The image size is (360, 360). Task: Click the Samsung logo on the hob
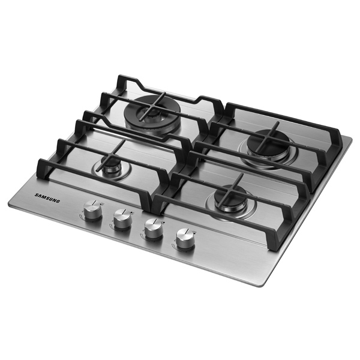pyautogui.click(x=47, y=198)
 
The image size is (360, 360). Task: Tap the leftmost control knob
pyautogui.click(x=92, y=210)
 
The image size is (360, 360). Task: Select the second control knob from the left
pyautogui.click(x=122, y=219)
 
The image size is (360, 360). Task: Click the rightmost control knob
pyautogui.click(x=185, y=238)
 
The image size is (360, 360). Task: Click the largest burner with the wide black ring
pyautogui.click(x=152, y=113)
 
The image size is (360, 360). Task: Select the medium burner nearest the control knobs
pyautogui.click(x=231, y=200)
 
